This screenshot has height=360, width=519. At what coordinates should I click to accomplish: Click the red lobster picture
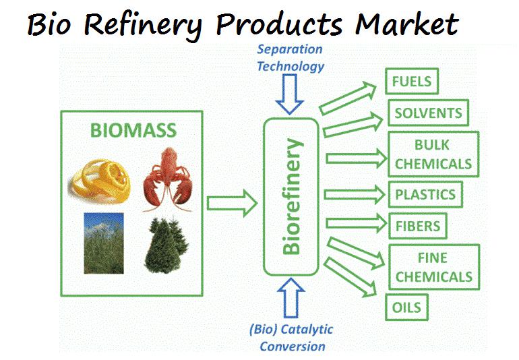(x=168, y=179)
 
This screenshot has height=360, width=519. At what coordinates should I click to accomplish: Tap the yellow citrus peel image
(x=100, y=180)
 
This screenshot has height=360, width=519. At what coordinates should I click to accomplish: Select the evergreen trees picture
(x=166, y=245)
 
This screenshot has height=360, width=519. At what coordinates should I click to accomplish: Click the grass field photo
(x=104, y=243)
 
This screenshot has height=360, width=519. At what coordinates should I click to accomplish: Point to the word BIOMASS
(x=133, y=130)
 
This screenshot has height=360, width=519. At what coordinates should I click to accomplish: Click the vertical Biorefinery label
(x=292, y=197)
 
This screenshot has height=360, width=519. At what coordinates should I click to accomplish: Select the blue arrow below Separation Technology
(x=290, y=94)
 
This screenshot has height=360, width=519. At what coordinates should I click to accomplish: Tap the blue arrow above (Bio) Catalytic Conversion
(x=291, y=298)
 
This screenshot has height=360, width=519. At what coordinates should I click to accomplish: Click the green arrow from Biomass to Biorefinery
(x=232, y=204)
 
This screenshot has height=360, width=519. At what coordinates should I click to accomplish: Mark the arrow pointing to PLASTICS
(x=355, y=194)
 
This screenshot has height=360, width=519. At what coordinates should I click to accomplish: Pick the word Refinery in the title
(x=143, y=25)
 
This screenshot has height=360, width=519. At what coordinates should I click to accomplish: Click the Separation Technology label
(x=291, y=57)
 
